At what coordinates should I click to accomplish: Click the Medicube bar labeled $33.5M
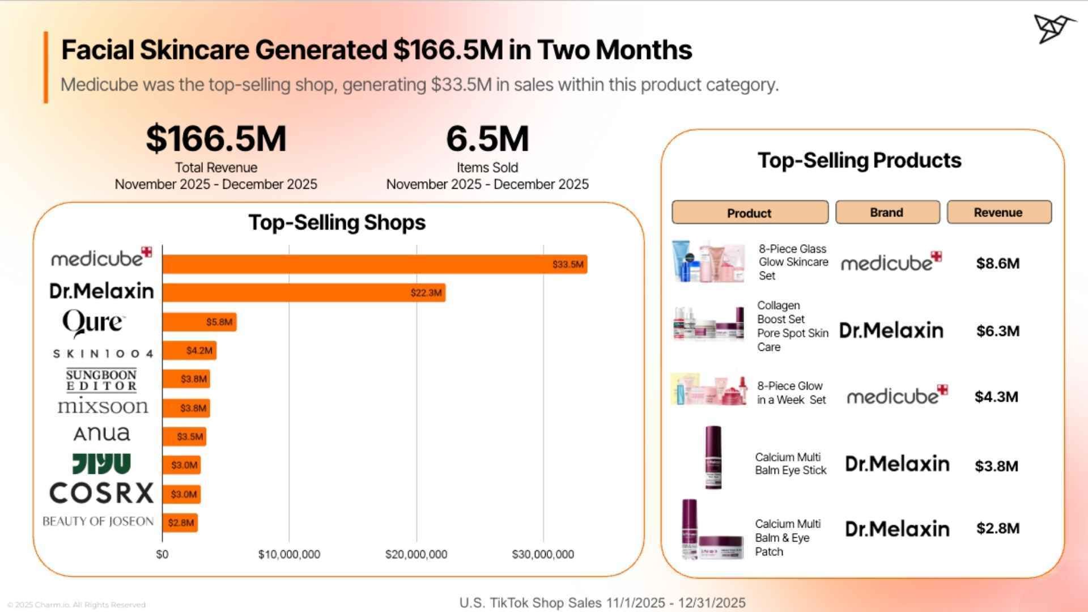[x=374, y=264]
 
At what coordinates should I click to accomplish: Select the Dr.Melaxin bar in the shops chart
[x=303, y=292]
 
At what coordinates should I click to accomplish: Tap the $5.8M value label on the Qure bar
[x=219, y=322]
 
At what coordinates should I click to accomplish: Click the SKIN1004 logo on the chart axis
[x=103, y=354]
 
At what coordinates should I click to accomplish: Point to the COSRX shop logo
[x=101, y=493]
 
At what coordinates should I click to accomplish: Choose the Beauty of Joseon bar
[x=180, y=522]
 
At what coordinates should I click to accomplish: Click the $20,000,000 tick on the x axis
[x=416, y=554]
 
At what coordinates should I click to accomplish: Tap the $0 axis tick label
[x=162, y=554]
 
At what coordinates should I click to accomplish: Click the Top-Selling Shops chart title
[x=337, y=222]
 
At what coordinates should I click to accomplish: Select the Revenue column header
[x=998, y=212]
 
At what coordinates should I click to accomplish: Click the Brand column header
[x=887, y=212]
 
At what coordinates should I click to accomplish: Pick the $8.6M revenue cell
[x=997, y=263]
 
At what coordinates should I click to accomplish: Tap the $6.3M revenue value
[x=997, y=331]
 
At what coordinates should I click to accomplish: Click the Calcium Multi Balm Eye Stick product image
[x=713, y=458]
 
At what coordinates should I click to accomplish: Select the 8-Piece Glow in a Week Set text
[x=791, y=393]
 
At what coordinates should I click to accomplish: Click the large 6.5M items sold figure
[x=487, y=139]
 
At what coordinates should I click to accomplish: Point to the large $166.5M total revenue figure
[x=216, y=139]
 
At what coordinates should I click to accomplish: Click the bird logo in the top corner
[x=1054, y=28]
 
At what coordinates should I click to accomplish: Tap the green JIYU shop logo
[x=101, y=464]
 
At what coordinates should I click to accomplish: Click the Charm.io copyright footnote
[x=76, y=605]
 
